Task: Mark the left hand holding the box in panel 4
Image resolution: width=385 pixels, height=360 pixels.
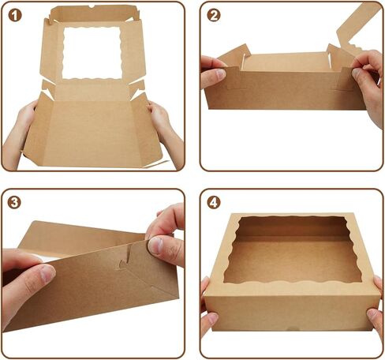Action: click(x=208, y=312)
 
